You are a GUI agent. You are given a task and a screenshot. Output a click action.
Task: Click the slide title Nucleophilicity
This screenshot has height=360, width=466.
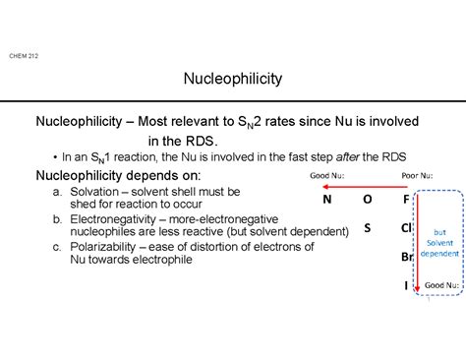pyautogui.click(x=233, y=78)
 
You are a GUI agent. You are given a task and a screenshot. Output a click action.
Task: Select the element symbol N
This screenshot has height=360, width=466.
pyautogui.click(x=326, y=199)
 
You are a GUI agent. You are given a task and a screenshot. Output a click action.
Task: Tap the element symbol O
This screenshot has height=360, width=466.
pyautogui.click(x=367, y=199)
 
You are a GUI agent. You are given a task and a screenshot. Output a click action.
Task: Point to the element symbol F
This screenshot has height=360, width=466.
pyautogui.click(x=405, y=199)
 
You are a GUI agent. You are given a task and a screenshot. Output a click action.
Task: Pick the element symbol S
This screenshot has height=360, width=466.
pyautogui.click(x=367, y=227)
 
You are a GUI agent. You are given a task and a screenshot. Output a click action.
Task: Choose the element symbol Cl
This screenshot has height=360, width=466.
pyautogui.click(x=405, y=228)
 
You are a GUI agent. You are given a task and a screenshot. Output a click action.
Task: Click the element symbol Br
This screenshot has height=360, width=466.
pyautogui.click(x=405, y=257)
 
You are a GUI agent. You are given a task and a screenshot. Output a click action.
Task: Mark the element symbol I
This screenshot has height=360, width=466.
pyautogui.click(x=405, y=285)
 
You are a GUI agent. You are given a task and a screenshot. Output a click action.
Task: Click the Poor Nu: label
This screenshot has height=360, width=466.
pyautogui.click(x=416, y=177)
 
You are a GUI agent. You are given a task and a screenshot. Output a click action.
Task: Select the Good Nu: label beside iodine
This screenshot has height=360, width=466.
pyautogui.click(x=441, y=285)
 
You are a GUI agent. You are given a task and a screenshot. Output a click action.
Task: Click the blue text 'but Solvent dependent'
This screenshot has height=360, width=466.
pyautogui.click(x=438, y=243)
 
